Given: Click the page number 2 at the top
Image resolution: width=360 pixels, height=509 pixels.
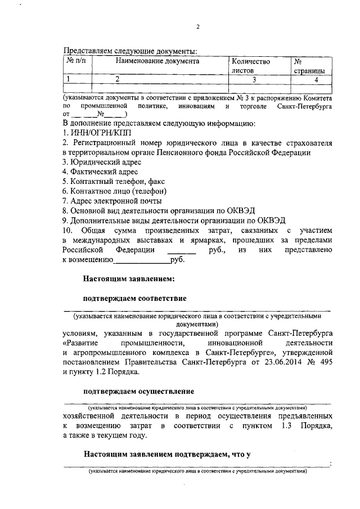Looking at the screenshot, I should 197,27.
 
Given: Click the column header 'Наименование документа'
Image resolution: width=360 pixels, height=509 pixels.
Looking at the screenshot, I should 157,61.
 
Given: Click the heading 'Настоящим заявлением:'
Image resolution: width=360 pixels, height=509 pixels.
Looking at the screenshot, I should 131,278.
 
